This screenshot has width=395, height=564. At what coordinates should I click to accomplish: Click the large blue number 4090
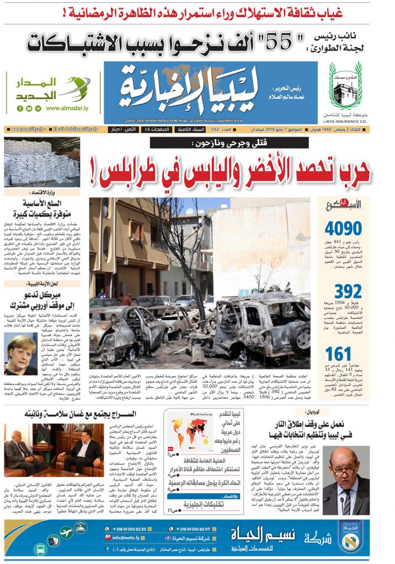click(x=343, y=229)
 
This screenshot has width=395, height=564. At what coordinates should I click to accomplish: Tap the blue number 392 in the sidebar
click(x=348, y=291)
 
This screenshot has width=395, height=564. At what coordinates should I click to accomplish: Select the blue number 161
click(x=338, y=354)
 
